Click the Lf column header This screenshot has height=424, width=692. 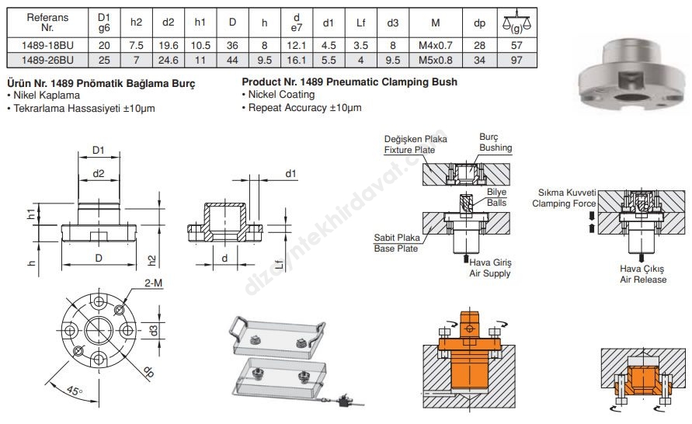tap(360, 23)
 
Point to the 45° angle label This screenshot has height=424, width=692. tap(75, 392)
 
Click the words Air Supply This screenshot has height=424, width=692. tap(490, 273)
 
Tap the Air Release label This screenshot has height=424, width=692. tap(642, 279)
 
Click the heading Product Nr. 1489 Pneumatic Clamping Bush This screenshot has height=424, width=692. tap(349, 82)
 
